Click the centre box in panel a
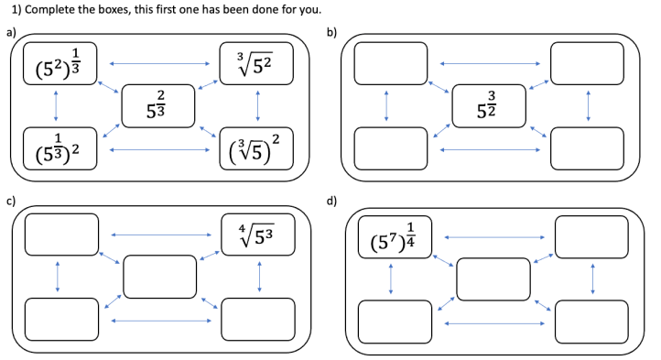pos(158,104)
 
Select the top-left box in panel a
pos(60,62)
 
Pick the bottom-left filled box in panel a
pos(60,148)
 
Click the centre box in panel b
pos(488,104)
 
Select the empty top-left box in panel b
pos(390,62)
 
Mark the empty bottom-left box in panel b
pos(390,148)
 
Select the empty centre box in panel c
pos(158,277)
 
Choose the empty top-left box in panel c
pos(60,235)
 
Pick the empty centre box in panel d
pos(493,278)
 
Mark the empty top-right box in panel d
pos(591,236)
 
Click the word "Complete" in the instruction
pos(49,10)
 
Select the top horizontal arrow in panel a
pos(158,63)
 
